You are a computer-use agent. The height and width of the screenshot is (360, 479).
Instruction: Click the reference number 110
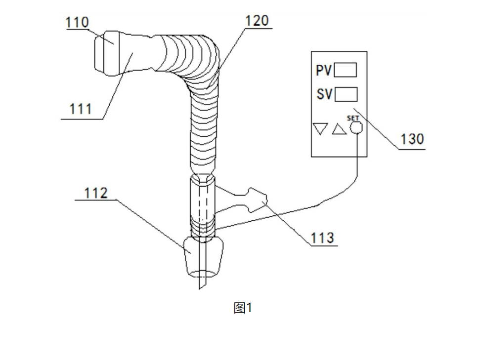point(77,23)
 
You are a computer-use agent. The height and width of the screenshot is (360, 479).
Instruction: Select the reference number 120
point(257,21)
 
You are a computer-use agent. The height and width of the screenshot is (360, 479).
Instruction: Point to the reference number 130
point(412,139)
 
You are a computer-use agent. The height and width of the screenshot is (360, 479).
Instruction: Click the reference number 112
point(96,193)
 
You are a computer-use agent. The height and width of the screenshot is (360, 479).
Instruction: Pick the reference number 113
point(322,238)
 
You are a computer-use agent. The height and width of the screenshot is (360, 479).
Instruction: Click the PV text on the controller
point(324,71)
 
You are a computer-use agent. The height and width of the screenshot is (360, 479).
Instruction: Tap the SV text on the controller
point(324,94)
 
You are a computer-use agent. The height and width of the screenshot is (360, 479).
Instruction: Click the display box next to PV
point(345,71)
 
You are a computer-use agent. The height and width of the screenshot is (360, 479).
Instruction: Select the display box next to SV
point(346,94)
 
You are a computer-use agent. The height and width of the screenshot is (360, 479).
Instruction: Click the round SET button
point(356,128)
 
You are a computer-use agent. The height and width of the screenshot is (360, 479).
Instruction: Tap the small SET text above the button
point(353,119)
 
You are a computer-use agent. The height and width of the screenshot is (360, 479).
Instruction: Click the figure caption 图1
point(243,308)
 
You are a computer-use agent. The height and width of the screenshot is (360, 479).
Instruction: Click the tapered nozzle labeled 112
point(203,257)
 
